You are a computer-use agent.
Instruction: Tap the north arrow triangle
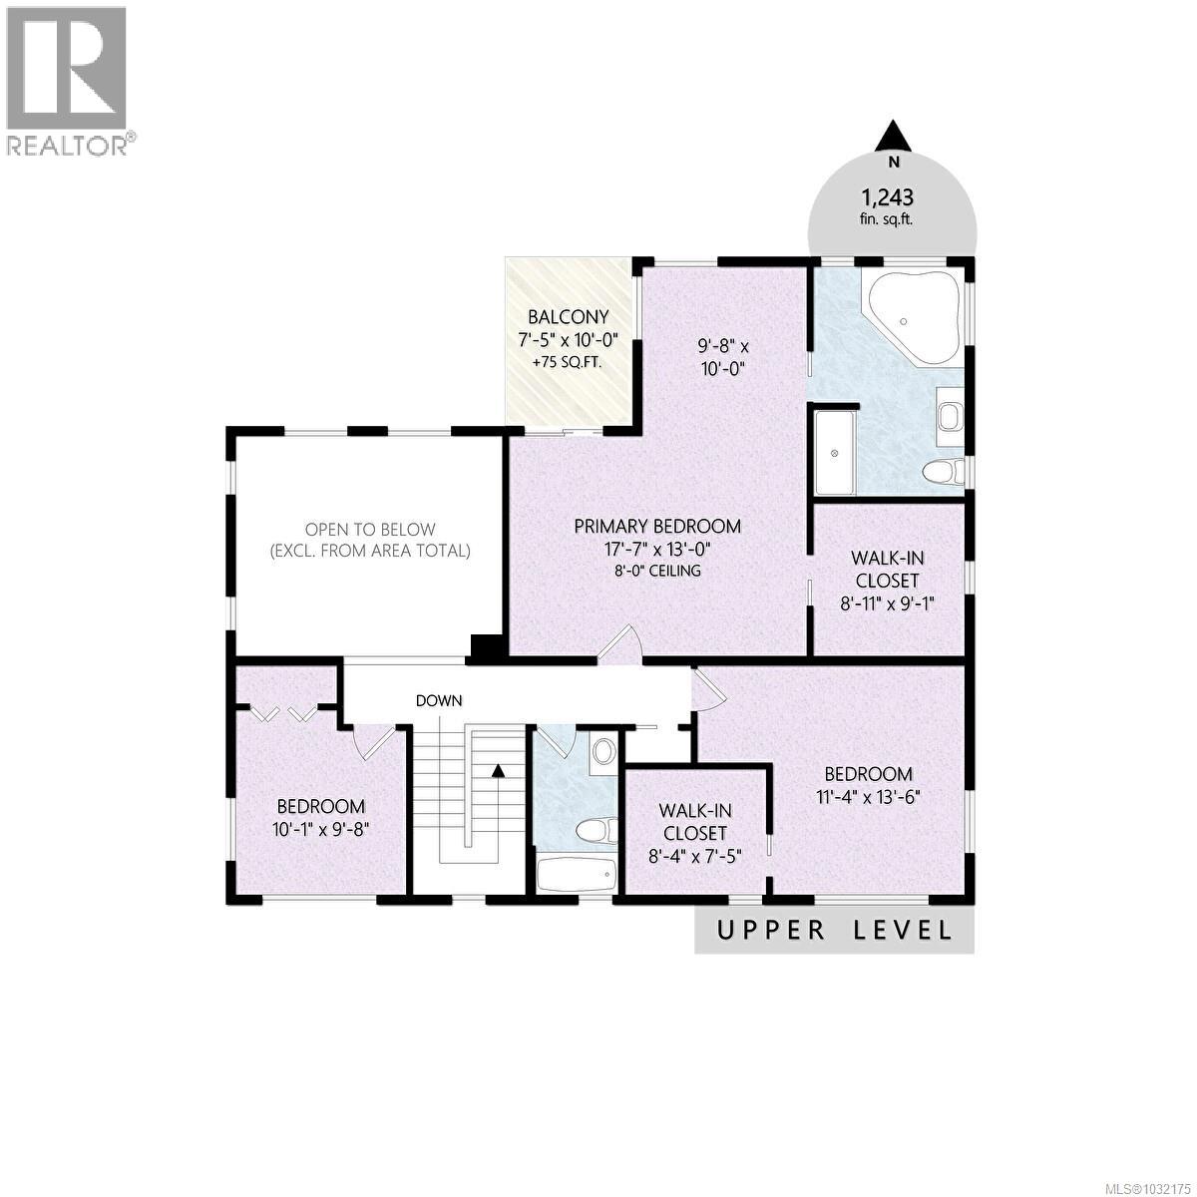tap(895, 135)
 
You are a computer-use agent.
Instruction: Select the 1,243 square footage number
tap(888, 198)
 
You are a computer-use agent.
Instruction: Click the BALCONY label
tap(568, 317)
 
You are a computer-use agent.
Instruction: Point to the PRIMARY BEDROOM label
tap(657, 527)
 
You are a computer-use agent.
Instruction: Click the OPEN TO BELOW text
tap(370, 530)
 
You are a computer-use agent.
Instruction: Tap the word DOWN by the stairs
tap(439, 700)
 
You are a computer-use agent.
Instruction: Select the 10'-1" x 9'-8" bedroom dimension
tap(320, 828)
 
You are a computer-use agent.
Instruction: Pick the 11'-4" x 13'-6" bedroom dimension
tap(868, 796)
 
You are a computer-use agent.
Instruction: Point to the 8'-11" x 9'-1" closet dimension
tap(887, 602)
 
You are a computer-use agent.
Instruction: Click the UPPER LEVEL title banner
tap(834, 931)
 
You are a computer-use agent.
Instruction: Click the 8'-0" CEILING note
tap(657, 571)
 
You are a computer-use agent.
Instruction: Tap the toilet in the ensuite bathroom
tap(943, 470)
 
